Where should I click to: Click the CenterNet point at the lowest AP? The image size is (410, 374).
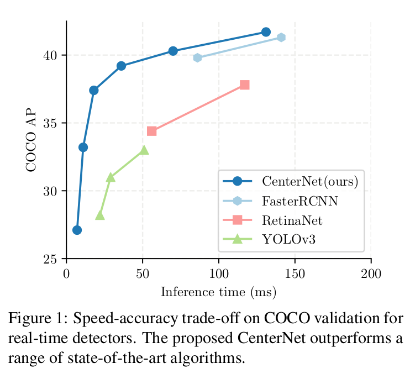coord(77,230)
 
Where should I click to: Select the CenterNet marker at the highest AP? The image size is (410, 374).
coord(266,32)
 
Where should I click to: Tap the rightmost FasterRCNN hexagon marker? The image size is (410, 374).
coord(281,38)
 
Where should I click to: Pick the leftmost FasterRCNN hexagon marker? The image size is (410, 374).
coord(197,58)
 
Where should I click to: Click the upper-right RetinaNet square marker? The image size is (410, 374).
coord(245,85)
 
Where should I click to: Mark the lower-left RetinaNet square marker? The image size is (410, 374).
coord(152,131)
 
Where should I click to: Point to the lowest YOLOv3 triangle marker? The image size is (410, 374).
coord(100,215)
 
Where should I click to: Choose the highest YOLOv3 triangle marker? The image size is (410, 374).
coord(144,150)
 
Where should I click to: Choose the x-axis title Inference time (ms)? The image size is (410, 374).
coord(218,292)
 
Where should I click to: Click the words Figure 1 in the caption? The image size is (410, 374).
coord(33,319)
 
